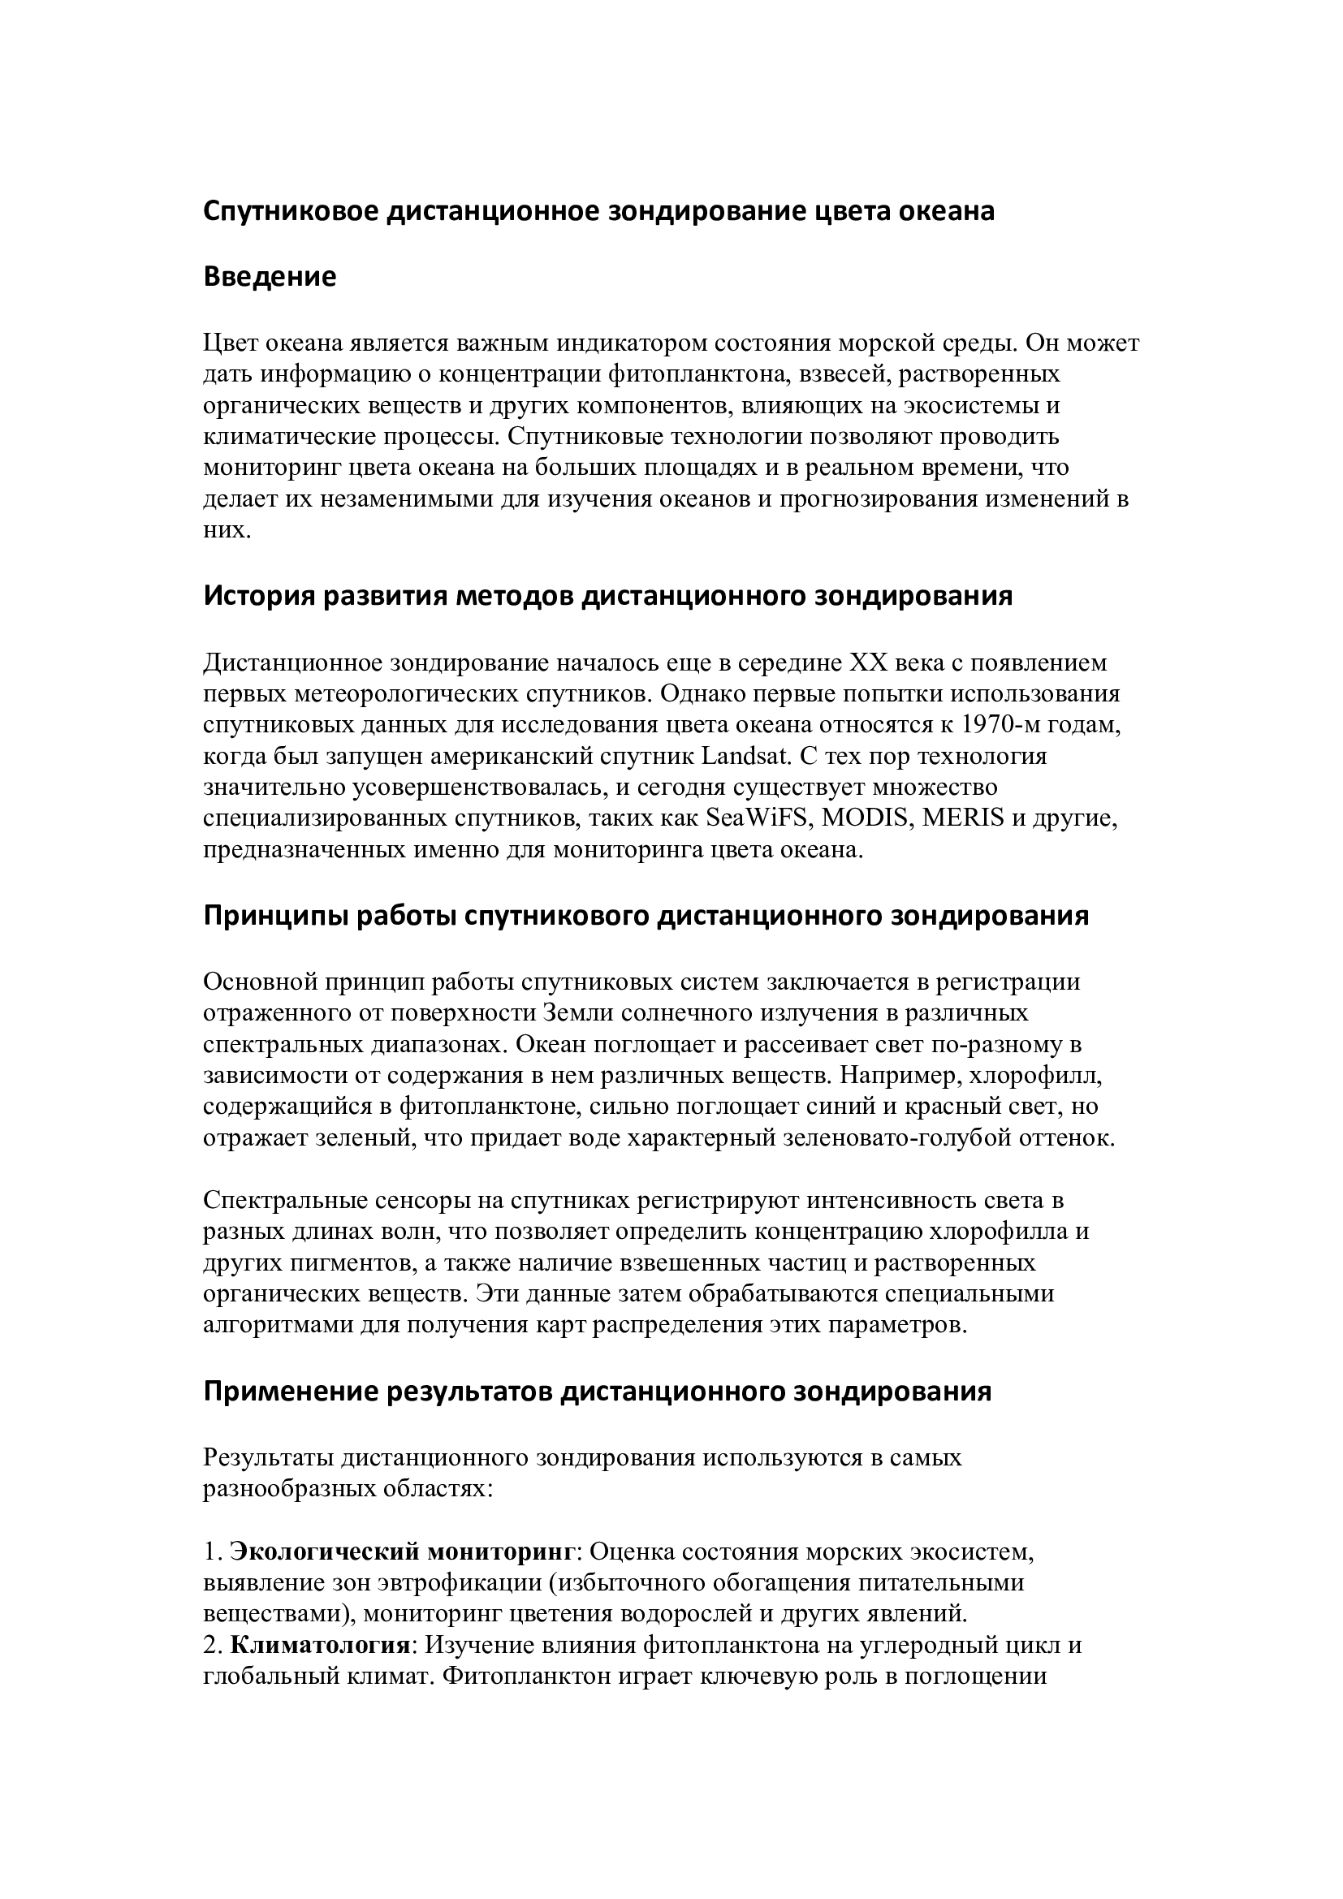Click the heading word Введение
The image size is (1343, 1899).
270,276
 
